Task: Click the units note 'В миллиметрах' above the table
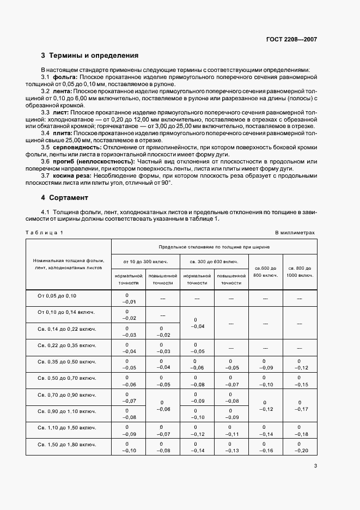tap(295, 233)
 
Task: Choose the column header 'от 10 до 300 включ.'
tap(145, 262)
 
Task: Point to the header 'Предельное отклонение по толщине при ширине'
tap(213, 247)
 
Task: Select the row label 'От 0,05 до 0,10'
tap(57, 296)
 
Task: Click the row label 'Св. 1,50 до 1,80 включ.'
tap(65, 445)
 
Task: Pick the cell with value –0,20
tap(300, 451)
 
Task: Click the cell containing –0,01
tap(127, 301)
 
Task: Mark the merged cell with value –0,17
tap(300, 409)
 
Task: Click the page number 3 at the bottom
tap(315, 465)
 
